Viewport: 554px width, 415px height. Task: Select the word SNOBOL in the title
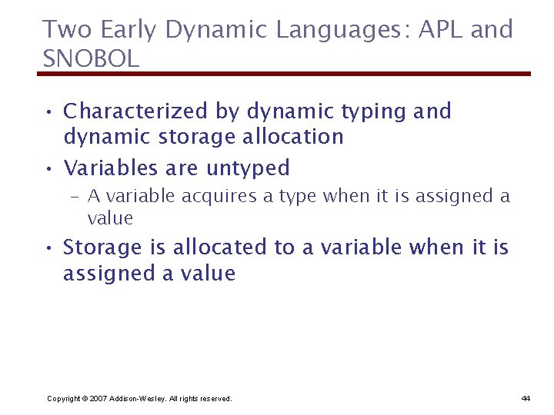point(91,58)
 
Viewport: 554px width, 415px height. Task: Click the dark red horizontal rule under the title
point(284,74)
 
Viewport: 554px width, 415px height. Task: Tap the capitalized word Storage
point(102,247)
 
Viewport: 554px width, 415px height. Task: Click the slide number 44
point(526,398)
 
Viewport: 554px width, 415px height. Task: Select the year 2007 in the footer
point(99,398)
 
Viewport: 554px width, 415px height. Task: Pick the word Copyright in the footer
point(64,398)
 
